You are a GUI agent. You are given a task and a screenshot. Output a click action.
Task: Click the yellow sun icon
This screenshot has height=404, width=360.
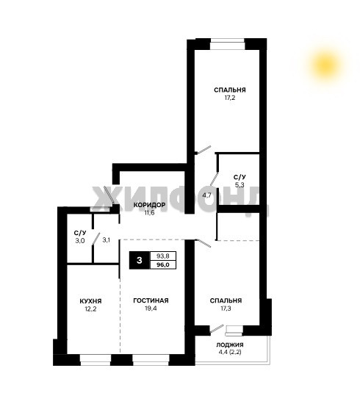pos(325,65)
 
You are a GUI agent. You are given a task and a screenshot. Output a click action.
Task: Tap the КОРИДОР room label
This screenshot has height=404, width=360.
pos(149,205)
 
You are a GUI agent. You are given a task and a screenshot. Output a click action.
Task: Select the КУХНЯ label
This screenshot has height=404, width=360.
pos(90,301)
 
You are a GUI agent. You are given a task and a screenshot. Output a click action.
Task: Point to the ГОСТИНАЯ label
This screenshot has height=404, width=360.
pos(151,300)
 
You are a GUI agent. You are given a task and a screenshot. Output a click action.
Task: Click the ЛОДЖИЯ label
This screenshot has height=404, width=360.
pos(230,345)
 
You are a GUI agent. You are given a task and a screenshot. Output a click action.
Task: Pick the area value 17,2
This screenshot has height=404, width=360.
pos(230,98)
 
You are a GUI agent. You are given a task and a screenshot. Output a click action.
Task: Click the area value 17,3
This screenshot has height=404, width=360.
pos(226,309)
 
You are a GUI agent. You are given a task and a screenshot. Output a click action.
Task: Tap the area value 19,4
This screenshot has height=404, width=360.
pos(151,309)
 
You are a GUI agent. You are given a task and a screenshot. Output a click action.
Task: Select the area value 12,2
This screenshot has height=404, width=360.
pos(90,309)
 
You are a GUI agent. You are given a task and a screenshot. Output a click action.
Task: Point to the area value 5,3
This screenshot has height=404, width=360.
pos(240,184)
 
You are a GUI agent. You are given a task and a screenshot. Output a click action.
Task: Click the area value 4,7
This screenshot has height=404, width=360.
pos(206,195)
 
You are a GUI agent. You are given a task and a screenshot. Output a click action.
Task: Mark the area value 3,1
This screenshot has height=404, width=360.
pos(107,240)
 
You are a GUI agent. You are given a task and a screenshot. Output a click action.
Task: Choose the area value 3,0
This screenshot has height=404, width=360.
pos(80,241)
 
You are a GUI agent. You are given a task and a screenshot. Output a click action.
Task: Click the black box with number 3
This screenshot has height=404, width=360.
pos(140,260)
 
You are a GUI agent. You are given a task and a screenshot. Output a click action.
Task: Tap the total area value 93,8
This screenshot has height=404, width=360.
pos(163,256)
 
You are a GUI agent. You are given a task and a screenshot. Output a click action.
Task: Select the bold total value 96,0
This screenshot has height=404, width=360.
pos(163,265)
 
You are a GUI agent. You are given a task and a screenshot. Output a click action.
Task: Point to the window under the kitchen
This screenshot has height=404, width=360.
pos(96,360)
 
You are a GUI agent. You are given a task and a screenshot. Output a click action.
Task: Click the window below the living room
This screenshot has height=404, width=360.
pos(151,360)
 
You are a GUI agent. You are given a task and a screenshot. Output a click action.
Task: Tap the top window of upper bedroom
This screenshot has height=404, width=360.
pos(227,44)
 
